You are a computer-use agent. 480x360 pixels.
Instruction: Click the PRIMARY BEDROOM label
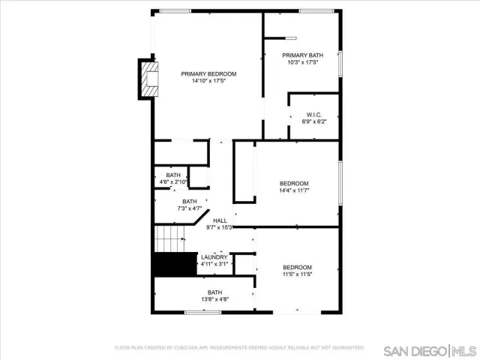[x=208, y=73]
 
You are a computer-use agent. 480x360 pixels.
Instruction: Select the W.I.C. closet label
[x=313, y=115]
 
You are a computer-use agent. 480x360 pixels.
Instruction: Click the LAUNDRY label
[x=214, y=256]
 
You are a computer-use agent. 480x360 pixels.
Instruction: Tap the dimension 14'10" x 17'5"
[x=208, y=81]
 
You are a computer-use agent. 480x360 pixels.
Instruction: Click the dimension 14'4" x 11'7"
[x=294, y=190]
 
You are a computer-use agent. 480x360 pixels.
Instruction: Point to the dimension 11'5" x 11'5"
[x=297, y=274]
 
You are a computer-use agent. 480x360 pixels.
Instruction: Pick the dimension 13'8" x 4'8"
[x=215, y=299]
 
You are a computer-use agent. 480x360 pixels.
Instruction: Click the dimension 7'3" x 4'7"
[x=190, y=208]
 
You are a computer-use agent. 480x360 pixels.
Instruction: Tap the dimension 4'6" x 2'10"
[x=173, y=182]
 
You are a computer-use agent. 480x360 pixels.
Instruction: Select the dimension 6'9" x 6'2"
[x=313, y=121]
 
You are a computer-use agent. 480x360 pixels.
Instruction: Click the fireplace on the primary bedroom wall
[x=150, y=78]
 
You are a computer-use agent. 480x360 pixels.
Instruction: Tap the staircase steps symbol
[x=169, y=241]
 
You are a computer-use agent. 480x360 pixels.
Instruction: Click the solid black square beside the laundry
[x=168, y=265]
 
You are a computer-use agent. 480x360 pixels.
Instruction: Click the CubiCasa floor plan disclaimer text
[x=239, y=348]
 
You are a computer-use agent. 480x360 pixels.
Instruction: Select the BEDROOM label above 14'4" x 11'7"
[x=294, y=184]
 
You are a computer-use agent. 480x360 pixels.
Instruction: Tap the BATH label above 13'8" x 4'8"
[x=215, y=292]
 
